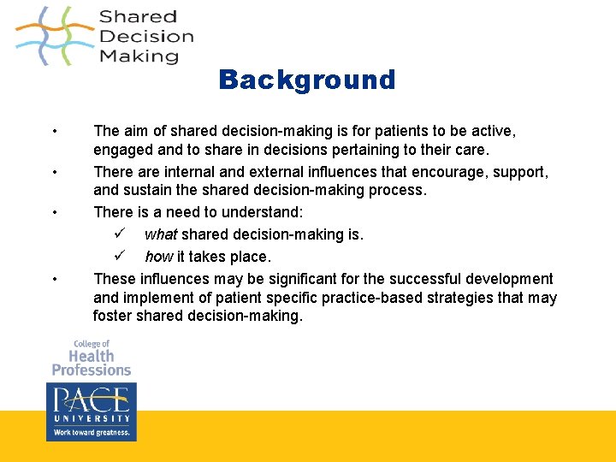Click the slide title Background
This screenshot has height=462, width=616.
[x=306, y=80]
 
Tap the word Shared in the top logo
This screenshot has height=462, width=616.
[x=138, y=16]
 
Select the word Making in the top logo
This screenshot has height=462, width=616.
[x=139, y=56]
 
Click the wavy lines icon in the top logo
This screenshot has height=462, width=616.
[x=53, y=36]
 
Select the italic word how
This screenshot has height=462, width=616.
[x=158, y=257]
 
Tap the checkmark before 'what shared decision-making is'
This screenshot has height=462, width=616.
[x=120, y=234]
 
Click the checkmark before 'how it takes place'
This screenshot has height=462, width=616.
[x=120, y=256]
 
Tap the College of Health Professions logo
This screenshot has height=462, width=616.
[x=91, y=358]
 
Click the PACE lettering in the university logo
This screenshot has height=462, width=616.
[x=91, y=400]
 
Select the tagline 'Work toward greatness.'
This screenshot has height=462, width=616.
[x=91, y=432]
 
